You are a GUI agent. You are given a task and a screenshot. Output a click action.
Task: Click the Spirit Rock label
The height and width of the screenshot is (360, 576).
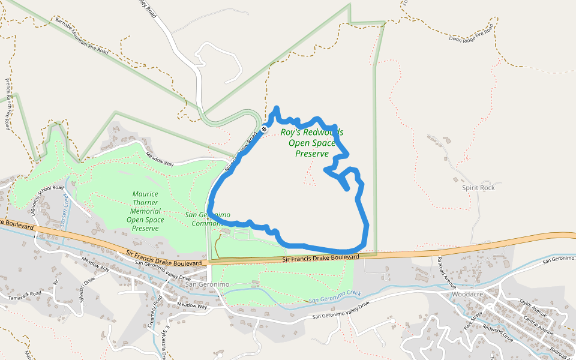[478, 188]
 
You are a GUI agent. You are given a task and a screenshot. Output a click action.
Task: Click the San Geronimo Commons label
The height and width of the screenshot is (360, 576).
[208, 219]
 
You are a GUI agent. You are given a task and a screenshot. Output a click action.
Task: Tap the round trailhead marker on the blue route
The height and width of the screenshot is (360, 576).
[264, 129]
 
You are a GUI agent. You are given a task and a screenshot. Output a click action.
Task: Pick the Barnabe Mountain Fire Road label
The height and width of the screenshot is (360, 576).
[82, 37]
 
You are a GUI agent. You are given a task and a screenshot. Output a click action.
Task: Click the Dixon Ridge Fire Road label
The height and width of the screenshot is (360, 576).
[473, 34]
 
